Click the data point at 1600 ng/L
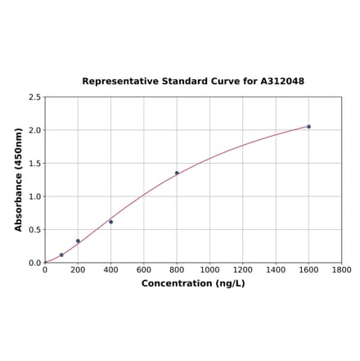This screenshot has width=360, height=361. [308, 126]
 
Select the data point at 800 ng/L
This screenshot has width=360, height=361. [177, 173]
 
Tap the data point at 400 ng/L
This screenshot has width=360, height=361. [110, 222]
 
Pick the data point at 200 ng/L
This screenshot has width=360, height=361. [78, 241]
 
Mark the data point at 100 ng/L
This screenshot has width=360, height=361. [61, 255]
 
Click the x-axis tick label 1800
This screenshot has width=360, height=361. [341, 270]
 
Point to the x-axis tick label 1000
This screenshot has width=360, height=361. [209, 270]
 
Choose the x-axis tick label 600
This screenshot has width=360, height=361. [144, 270]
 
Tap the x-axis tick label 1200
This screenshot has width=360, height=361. [242, 270]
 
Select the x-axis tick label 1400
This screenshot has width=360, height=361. [276, 270]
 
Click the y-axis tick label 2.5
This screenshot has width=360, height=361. [34, 97]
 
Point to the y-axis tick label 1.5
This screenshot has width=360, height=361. [34, 164]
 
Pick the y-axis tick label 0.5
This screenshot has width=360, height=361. [34, 230]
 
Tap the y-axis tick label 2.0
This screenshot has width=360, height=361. [34, 130]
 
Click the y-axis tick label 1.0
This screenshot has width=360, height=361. [34, 196]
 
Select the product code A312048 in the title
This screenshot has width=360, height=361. [282, 82]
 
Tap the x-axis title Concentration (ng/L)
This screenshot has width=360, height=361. [193, 284]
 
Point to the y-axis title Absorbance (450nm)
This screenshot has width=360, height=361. [19, 179]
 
